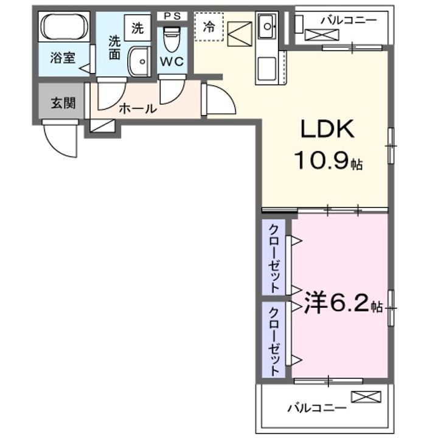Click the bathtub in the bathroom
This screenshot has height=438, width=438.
64,27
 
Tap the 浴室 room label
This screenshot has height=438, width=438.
63,58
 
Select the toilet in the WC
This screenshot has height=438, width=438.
172,39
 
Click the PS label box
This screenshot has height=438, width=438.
172,16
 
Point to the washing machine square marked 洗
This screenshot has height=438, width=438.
137,28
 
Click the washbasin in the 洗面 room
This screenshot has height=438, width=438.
139,61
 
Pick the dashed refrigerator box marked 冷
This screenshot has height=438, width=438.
209,27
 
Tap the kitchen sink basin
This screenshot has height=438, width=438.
267,27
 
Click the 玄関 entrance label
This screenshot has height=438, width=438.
63,103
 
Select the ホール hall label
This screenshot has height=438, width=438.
137,108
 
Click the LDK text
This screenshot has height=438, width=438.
327,128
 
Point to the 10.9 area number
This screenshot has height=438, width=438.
321,161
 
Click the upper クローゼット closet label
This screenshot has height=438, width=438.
274,259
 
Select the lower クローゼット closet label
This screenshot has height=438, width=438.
274,341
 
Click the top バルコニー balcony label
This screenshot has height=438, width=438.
349,20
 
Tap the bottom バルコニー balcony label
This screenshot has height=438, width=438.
317,408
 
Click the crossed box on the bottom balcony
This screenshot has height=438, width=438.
366,397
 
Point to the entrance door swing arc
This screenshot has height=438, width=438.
60,139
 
